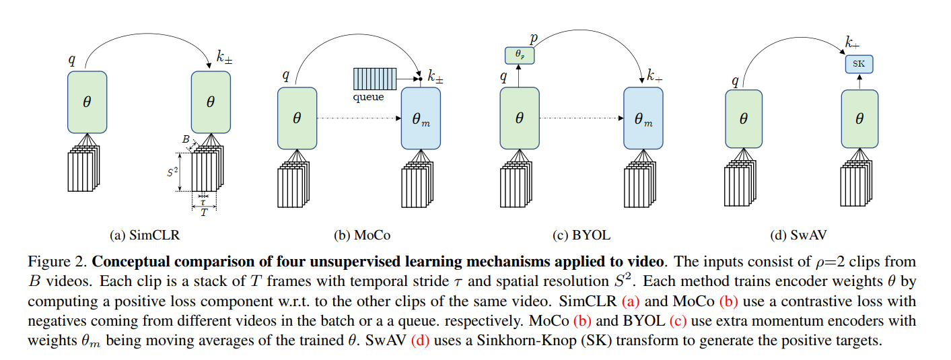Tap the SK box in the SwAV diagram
[859, 65]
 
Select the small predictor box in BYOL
[519, 55]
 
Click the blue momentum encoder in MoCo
[421, 118]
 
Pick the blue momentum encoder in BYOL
[643, 118]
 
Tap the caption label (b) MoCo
[362, 236]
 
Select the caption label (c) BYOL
[581, 236]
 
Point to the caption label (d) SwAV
[798, 236]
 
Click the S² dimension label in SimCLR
[173, 172]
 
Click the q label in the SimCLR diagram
[72, 59]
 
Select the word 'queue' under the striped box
[368, 97]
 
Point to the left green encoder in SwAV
[744, 118]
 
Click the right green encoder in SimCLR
[211, 102]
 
